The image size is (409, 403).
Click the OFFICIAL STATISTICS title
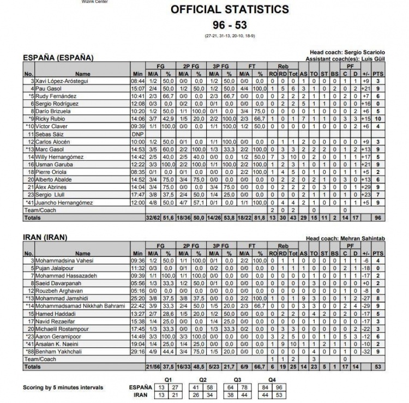[230, 9]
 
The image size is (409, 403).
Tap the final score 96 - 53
[230, 25]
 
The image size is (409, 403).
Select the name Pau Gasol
[50, 88]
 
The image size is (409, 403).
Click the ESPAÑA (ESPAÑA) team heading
[58, 57]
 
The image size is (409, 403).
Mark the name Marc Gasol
[51, 149]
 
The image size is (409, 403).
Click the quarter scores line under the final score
[230, 37]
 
